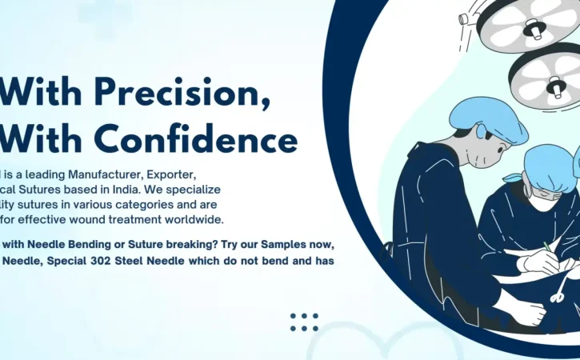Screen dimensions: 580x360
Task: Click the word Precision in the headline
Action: [x=182, y=92]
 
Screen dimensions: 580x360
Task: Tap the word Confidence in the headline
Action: [x=196, y=138]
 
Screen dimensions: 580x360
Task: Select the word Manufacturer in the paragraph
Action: [x=106, y=174]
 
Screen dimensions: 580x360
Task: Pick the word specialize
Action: [x=193, y=190]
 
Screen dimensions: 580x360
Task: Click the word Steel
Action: [x=129, y=261]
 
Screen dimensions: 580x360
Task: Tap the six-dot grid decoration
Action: [x=304, y=322]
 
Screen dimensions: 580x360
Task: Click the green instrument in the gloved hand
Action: [x=547, y=247]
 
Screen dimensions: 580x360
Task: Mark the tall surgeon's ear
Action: [x=482, y=132]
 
